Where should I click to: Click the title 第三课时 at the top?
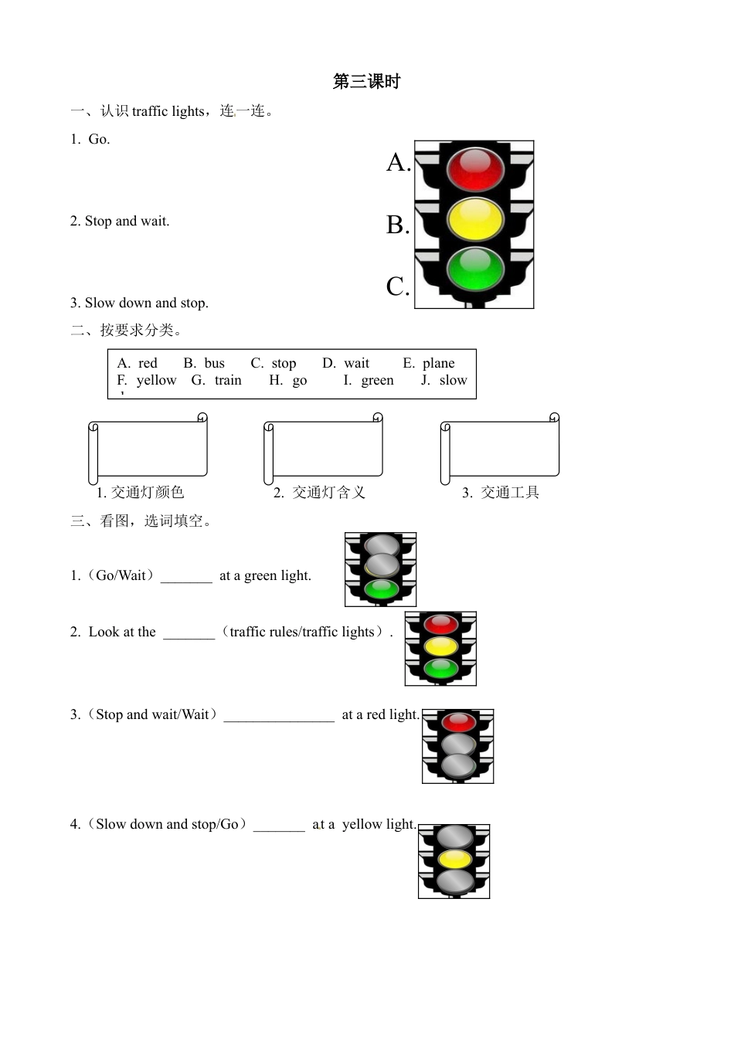366,82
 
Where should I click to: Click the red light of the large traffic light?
474,169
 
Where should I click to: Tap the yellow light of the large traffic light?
474,219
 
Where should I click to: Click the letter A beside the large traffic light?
397,162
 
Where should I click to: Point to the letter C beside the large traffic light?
397,287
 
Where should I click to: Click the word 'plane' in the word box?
438,363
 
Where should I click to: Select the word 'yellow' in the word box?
156,380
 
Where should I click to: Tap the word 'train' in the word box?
228,380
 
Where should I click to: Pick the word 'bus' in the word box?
214,363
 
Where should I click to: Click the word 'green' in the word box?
377,380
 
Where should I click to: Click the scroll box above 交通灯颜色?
148,449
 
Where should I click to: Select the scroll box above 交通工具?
500,449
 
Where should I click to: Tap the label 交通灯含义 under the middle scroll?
328,493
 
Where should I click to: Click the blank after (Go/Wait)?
186,576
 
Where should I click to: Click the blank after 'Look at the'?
189,633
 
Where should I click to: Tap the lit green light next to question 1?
381,590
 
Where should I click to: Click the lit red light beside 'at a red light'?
458,722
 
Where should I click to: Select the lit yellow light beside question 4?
454,859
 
